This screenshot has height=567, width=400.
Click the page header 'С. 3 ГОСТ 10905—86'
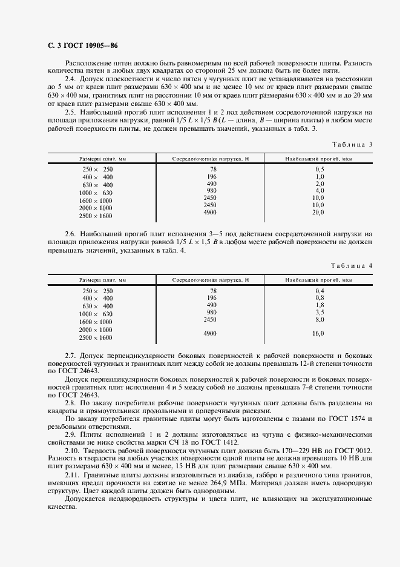coord(82,46)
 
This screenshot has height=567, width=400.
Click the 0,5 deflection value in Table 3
coord(320,169)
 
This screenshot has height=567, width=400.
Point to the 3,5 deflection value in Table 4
coord(320,312)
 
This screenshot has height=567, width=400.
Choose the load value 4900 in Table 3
coord(210,213)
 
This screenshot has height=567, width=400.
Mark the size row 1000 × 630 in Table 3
coord(97,192)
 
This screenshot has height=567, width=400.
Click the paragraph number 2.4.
coord(70,79)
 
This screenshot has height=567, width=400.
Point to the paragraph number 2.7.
coord(70,353)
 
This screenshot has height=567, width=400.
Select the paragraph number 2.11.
coord(72,474)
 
